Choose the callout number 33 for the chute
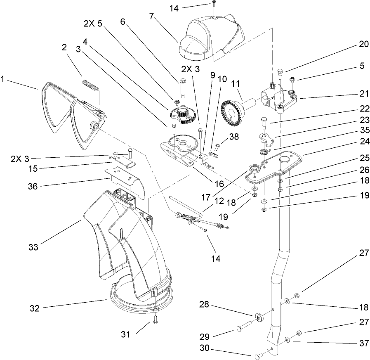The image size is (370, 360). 33,247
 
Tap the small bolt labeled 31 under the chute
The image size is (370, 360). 155,318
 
